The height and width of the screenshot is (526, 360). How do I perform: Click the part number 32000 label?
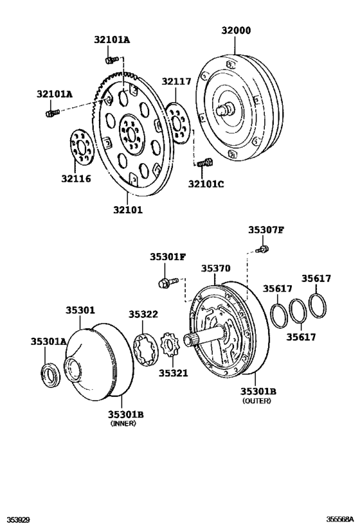[x=236, y=30]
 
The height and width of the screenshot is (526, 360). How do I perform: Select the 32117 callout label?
[x=175, y=81]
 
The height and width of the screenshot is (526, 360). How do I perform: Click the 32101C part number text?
[x=206, y=184]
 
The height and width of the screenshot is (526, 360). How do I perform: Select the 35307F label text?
[x=266, y=230]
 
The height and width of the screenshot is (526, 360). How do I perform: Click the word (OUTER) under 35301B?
[x=257, y=401]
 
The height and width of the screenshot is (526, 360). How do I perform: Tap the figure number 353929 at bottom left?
[x=17, y=518]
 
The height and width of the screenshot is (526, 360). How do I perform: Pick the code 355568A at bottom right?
[x=339, y=518]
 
